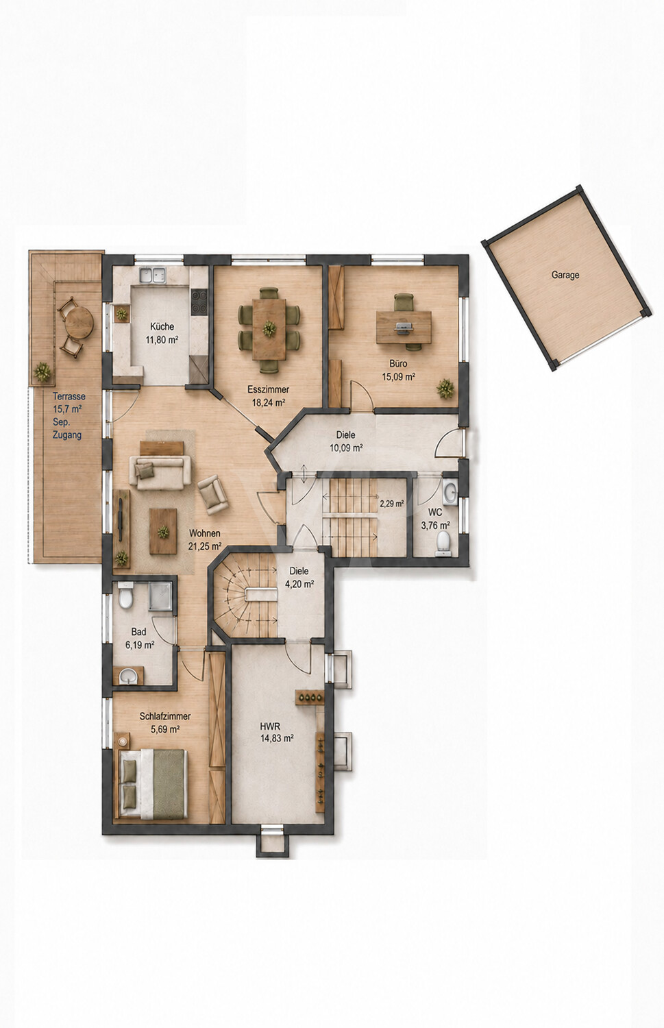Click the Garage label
[x=565, y=275]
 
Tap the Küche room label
[x=162, y=326]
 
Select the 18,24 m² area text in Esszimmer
[x=269, y=403]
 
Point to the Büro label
[x=398, y=363]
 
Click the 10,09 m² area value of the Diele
[x=347, y=448]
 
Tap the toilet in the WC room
[x=443, y=542]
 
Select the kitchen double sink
[x=153, y=275]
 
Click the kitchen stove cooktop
[x=199, y=302]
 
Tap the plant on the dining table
[x=269, y=328]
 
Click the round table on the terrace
[x=79, y=321]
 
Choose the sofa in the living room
[x=160, y=472]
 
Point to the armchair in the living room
[x=213, y=494]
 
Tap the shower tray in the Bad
[x=160, y=597]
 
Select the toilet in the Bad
[x=125, y=596]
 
